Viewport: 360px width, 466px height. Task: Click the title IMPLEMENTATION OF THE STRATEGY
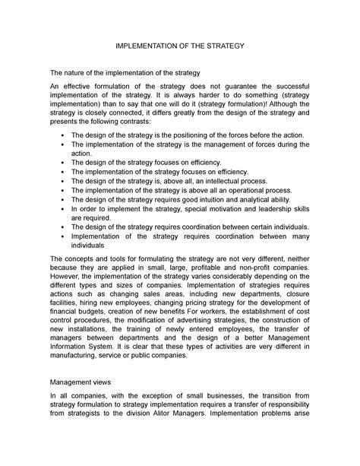click(179, 46)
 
